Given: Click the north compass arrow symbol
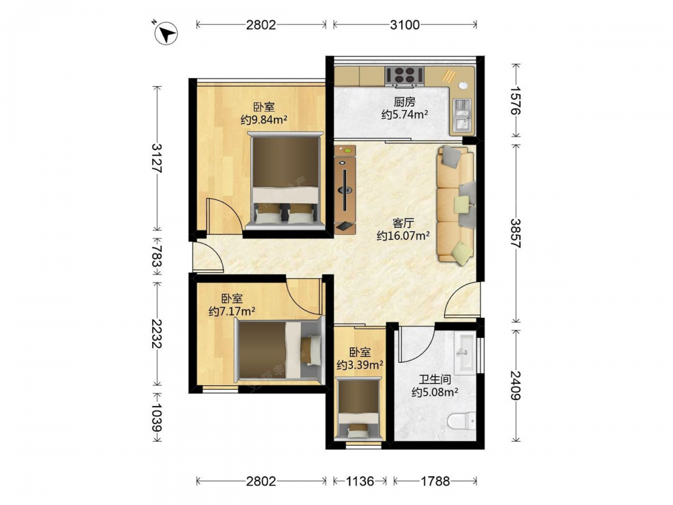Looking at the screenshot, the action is click(166, 32).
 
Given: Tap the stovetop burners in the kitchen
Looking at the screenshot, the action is click(404, 75).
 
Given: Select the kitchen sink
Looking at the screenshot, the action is click(462, 115).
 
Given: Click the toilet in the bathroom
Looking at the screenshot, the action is click(462, 420).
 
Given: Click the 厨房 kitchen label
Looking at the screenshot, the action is click(404, 102).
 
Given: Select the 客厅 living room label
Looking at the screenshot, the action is click(403, 223).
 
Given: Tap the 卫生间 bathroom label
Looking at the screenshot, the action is click(435, 379).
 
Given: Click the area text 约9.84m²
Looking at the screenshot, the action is click(264, 120).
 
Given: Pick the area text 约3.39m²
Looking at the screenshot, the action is click(359, 365).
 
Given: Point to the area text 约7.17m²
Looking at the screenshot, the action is click(232, 311).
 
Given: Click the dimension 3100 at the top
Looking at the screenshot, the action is click(404, 25).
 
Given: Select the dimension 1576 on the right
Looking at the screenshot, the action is click(516, 101).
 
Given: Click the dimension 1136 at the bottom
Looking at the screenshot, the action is click(359, 481).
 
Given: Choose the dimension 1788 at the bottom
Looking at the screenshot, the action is click(435, 481).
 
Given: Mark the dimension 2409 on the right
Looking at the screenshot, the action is click(516, 385).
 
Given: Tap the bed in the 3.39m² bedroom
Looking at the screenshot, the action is click(359, 409).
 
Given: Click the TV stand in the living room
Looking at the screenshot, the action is click(345, 189).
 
